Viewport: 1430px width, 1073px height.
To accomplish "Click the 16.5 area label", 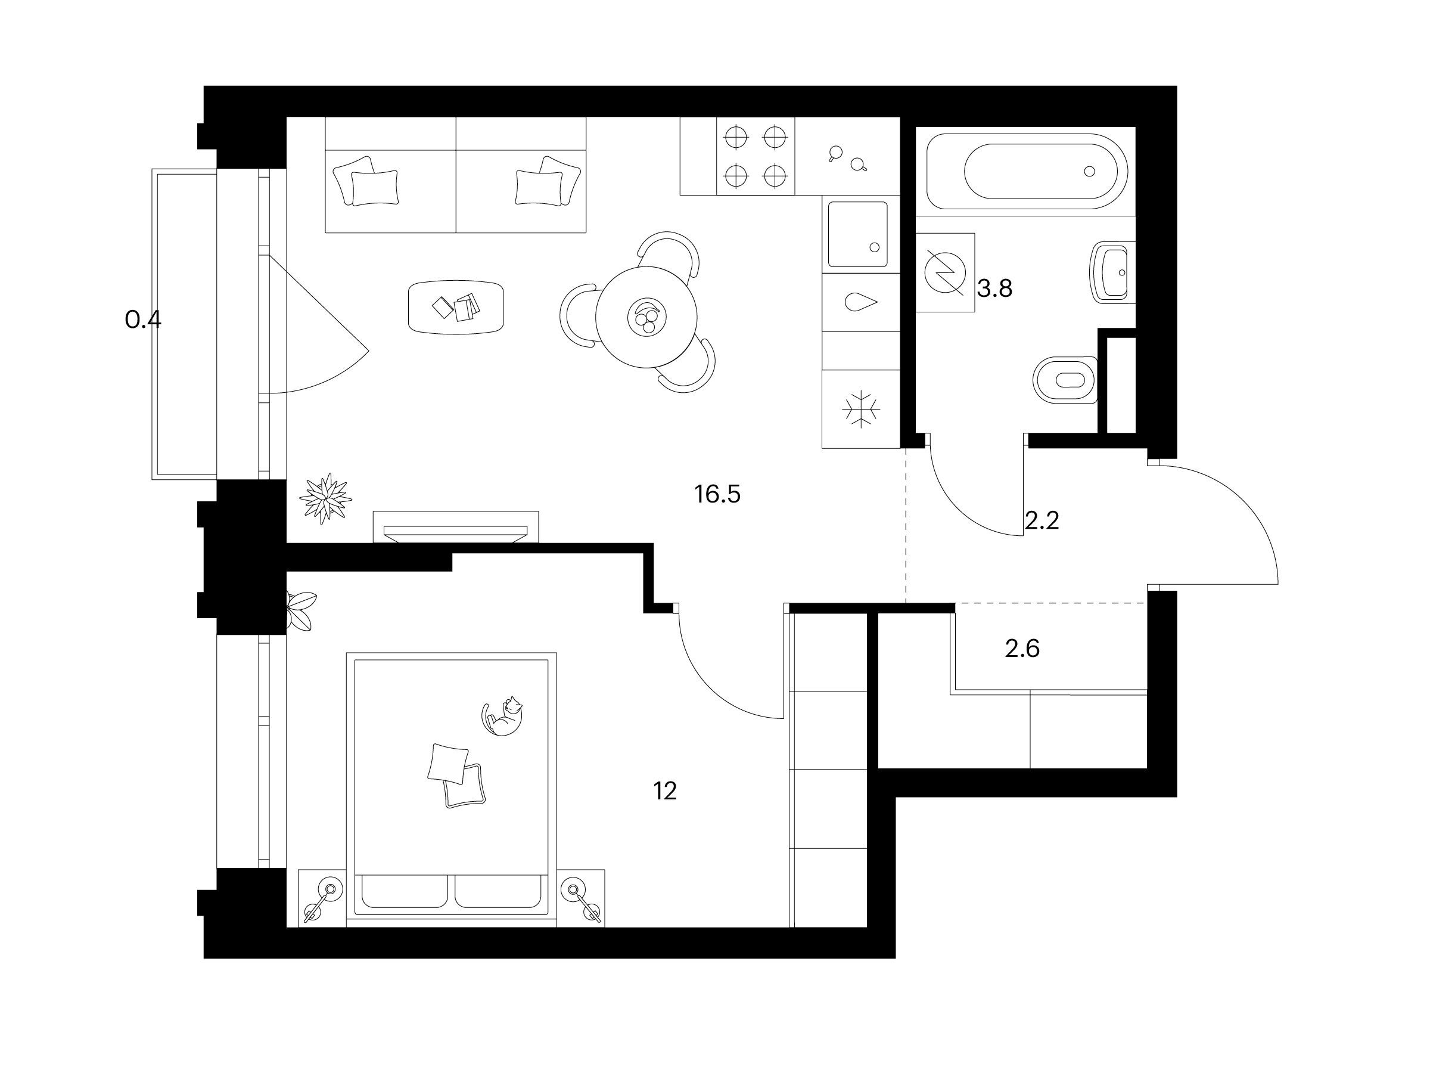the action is point(717,495).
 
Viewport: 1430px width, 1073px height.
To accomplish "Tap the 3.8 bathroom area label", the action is point(994,289).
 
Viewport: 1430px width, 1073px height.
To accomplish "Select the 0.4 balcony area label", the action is point(143,320).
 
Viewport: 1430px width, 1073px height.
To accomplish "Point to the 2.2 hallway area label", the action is point(1042,520).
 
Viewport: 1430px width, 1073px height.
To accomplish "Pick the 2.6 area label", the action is point(1022,648).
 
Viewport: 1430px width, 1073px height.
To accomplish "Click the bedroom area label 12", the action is point(664,791).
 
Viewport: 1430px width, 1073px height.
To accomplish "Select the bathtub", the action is point(1027,172).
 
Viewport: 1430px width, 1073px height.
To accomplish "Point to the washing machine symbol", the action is point(945,272).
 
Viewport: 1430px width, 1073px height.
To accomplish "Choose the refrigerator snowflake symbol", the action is point(861,409).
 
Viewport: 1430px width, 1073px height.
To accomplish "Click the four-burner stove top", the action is point(756,156).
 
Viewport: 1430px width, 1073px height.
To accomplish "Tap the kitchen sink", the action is point(858,234).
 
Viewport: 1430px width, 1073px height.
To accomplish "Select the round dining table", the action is point(646,317).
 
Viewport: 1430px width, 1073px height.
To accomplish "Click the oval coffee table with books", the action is point(456,306).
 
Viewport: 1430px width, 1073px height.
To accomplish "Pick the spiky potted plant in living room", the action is point(326,497).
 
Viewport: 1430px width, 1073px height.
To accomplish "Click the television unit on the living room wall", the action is point(456,528).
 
